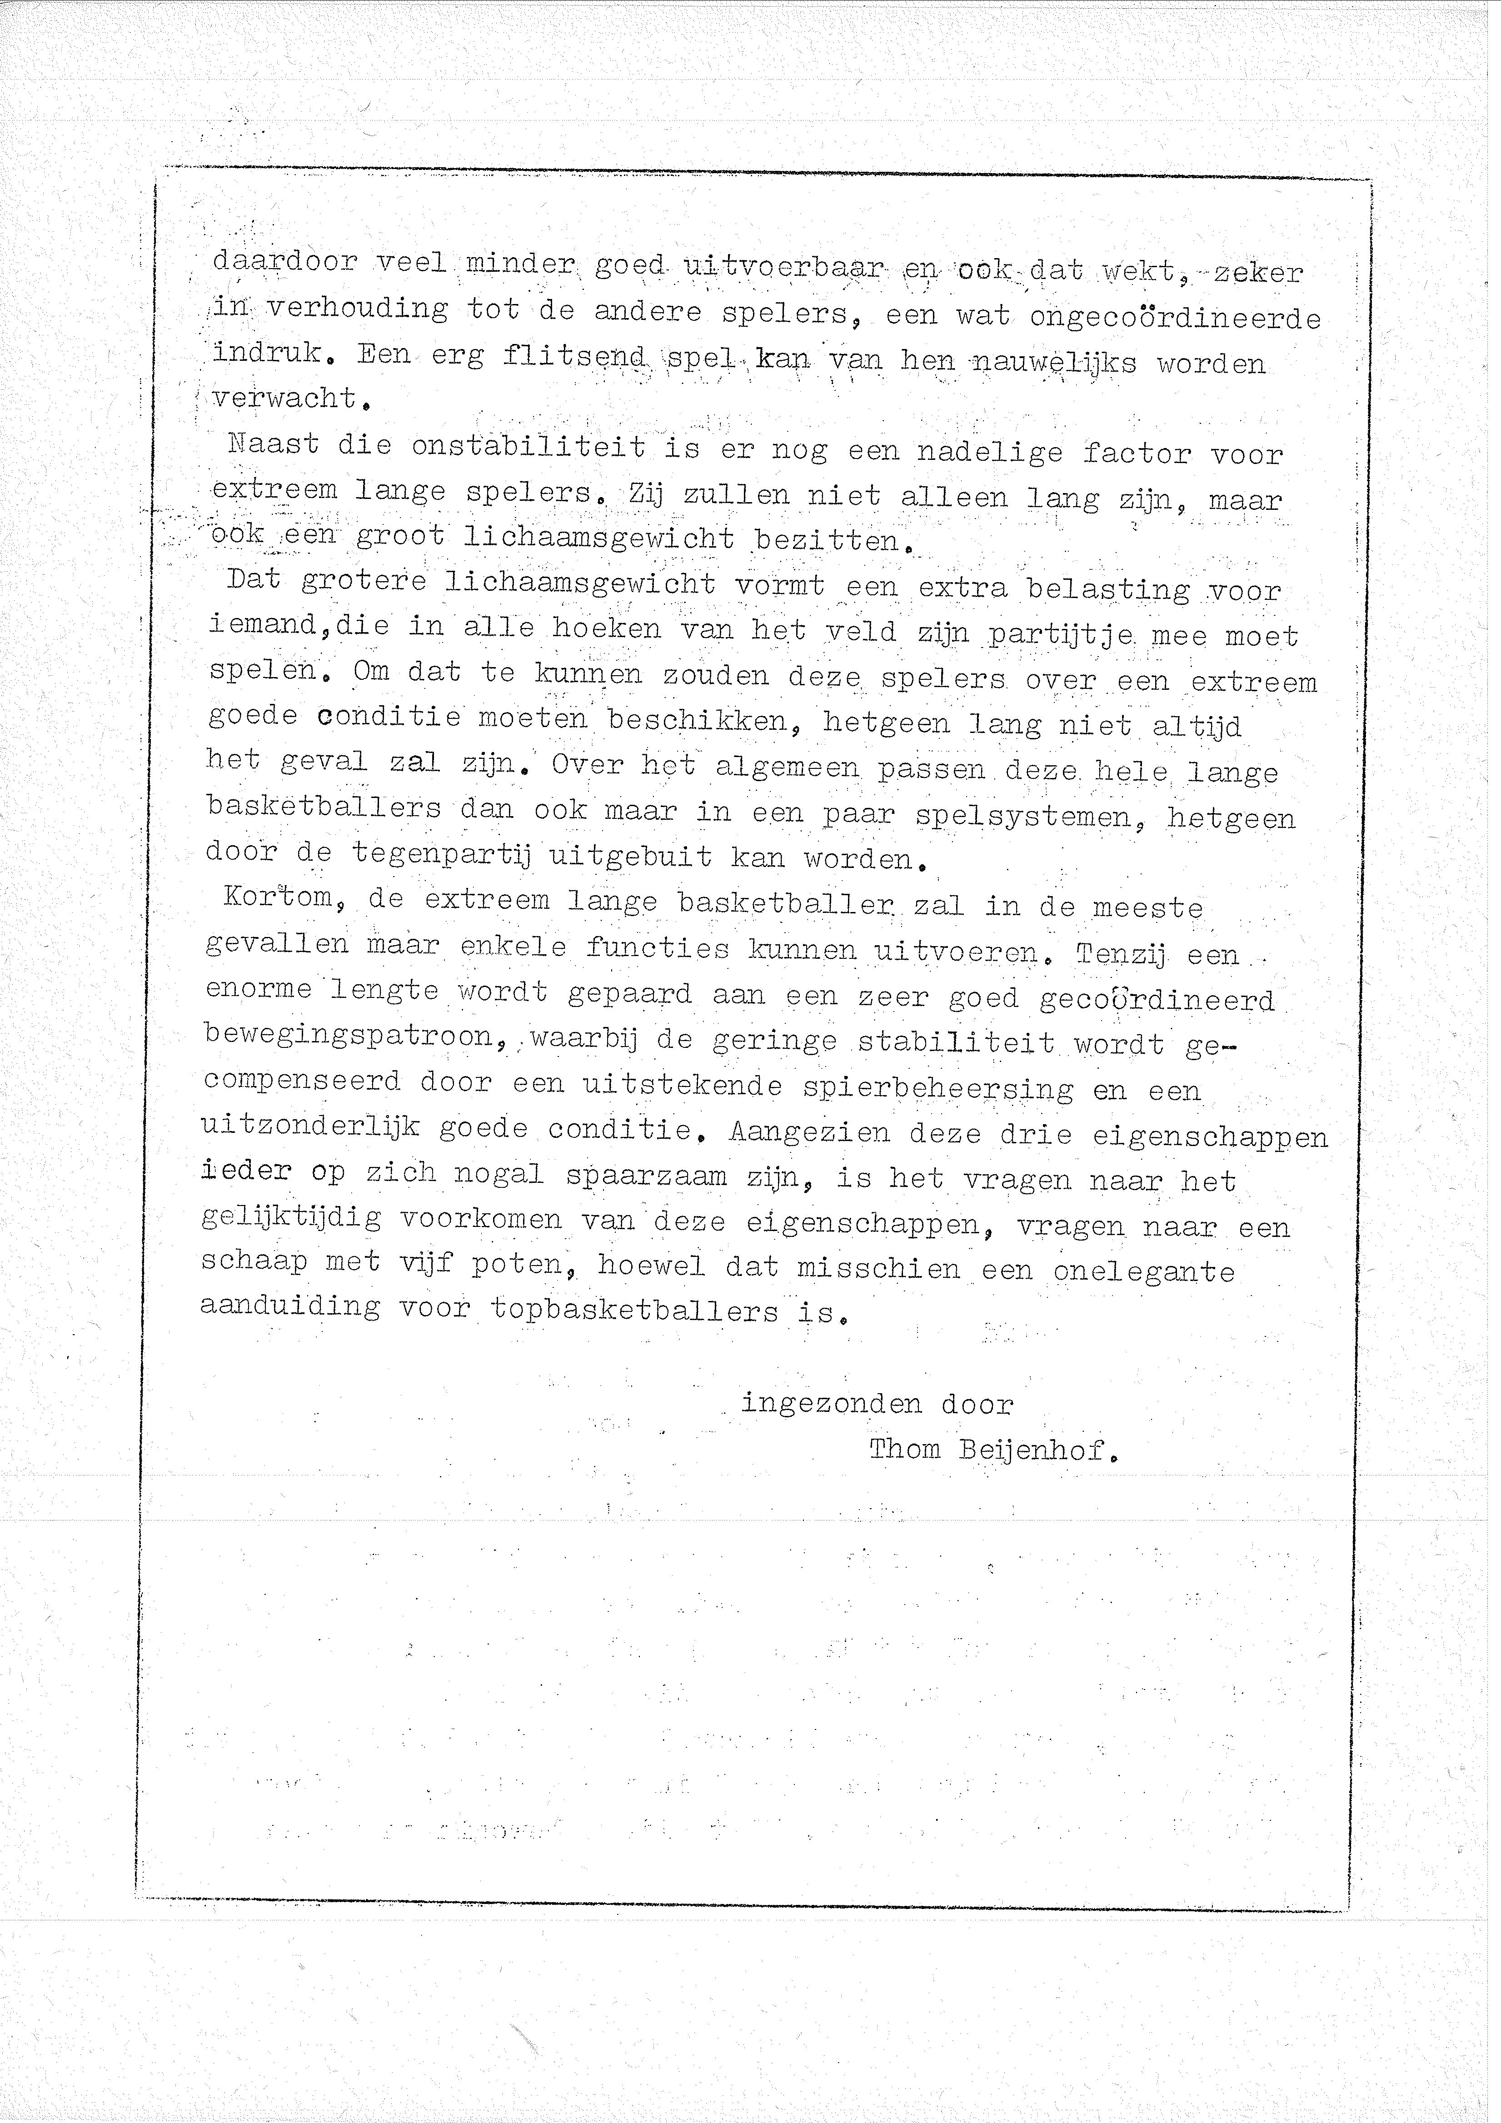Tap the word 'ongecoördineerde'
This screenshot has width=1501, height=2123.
click(x=1175, y=318)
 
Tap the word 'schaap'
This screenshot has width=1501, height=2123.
click(x=254, y=1261)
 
